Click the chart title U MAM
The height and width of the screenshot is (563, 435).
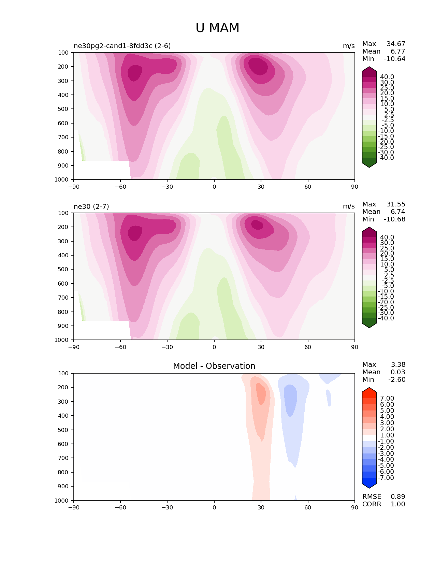coord(217,28)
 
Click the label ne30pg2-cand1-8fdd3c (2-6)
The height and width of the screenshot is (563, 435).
coord(122,46)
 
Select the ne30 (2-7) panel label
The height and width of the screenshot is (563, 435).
coord(91,206)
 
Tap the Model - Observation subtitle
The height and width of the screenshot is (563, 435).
coord(214,366)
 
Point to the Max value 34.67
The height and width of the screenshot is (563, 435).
coord(396,44)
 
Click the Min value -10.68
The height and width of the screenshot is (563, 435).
coord(394,219)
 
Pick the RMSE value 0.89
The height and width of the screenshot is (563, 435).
coord(398,496)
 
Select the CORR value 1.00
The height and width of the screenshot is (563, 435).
coord(398,504)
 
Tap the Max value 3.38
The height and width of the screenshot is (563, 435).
coord(398,364)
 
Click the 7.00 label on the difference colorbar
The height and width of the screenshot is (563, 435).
coord(387,398)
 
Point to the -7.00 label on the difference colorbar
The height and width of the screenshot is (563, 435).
coord(386,478)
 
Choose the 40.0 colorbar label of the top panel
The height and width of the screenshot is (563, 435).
coord(387,77)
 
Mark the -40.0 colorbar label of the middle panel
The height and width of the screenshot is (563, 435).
coord(386,318)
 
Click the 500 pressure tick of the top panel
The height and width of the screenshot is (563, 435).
coord(64,109)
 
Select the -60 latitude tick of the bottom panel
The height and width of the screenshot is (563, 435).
coord(120,507)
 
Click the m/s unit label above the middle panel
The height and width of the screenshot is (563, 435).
coord(349,206)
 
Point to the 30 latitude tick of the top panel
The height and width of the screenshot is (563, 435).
coord(261,187)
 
